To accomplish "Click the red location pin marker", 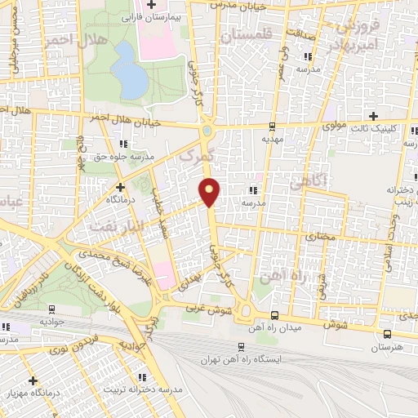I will click(x=210, y=192).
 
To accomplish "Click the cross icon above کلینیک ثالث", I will click(x=374, y=116).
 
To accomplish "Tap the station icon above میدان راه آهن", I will click(x=274, y=314).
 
